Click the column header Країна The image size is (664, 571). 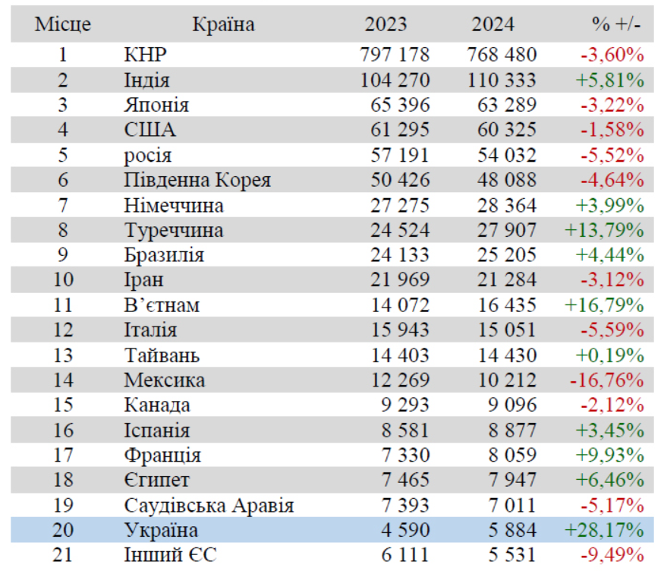pyautogui.click(x=224, y=24)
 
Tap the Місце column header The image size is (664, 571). pyautogui.click(x=63, y=24)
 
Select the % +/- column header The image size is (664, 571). pyautogui.click(x=616, y=24)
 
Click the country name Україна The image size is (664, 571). pyautogui.click(x=161, y=530)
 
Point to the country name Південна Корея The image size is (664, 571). pyautogui.click(x=197, y=181)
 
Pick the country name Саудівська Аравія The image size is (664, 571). pyautogui.click(x=209, y=506)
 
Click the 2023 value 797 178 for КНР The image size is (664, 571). pyautogui.click(x=395, y=55)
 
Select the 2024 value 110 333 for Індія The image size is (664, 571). pyautogui.click(x=502, y=80)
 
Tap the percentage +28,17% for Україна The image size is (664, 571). pyautogui.click(x=604, y=530)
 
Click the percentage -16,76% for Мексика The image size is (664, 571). pyautogui.click(x=607, y=380)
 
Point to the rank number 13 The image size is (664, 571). pyautogui.click(x=63, y=355)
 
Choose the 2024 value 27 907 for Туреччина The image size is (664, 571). pyautogui.click(x=507, y=230)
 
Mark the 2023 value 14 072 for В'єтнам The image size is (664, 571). pyautogui.click(x=400, y=305)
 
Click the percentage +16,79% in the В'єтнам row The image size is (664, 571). pyautogui.click(x=604, y=305)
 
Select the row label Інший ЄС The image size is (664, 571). pyautogui.click(x=170, y=555)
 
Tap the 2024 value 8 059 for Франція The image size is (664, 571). pyautogui.click(x=512, y=456)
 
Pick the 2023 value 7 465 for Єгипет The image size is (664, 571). pyautogui.click(x=406, y=480)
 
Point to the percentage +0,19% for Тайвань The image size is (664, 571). pyautogui.click(x=610, y=355)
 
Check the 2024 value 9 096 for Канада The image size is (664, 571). pyautogui.click(x=512, y=405)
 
